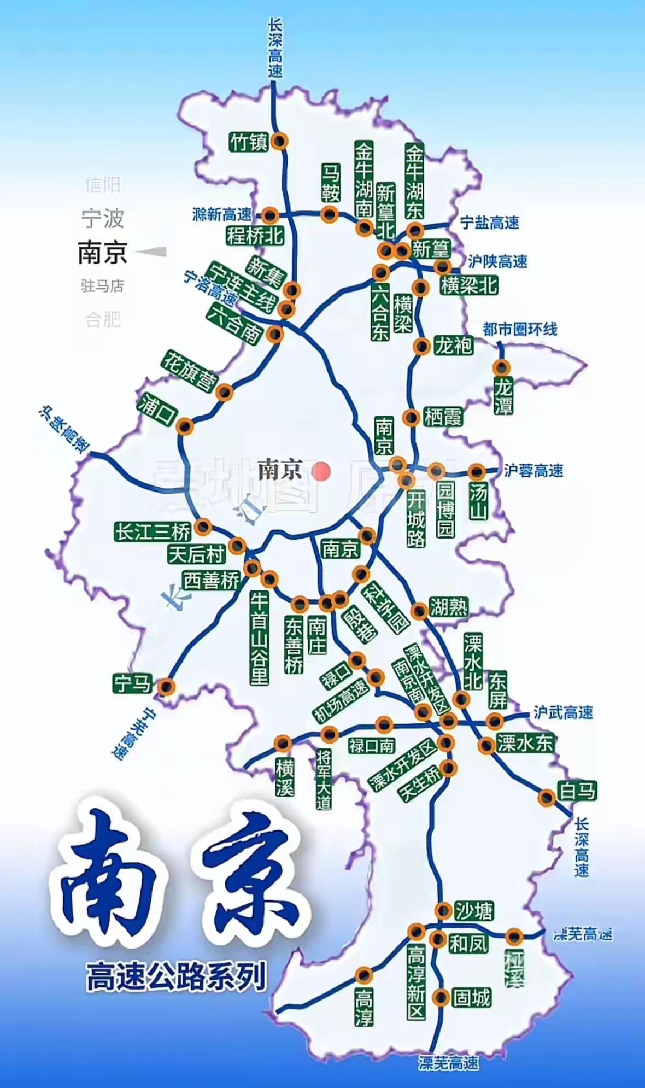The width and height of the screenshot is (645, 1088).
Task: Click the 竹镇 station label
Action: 249,142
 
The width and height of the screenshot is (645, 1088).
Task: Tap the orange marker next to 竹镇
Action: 280,141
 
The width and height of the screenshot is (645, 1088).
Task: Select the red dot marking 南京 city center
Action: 321,471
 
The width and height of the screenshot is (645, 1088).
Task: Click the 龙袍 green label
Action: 453,346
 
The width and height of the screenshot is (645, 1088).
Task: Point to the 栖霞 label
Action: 443,417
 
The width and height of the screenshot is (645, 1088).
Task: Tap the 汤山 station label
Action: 478,501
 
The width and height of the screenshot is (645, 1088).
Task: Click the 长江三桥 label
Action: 153,531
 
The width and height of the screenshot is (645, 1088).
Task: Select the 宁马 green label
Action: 132,683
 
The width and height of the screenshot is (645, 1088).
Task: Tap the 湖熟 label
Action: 449,607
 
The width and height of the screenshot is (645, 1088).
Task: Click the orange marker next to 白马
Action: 546,798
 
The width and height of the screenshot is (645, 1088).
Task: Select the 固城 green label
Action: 472,998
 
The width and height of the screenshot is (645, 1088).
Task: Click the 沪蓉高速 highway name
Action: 533,471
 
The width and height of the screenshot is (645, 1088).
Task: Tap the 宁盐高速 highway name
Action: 489,223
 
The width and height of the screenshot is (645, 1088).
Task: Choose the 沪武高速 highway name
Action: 563,712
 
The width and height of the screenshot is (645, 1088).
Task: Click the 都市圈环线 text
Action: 519,329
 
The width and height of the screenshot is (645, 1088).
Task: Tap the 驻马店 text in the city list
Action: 103,285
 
